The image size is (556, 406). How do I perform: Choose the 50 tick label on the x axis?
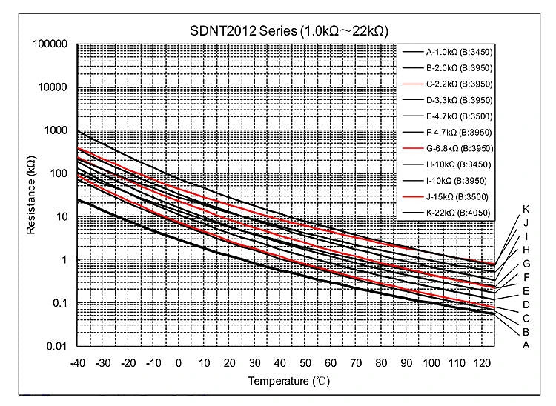pyautogui.click(x=305, y=362)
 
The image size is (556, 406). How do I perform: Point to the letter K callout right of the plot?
pyautogui.click(x=526, y=209)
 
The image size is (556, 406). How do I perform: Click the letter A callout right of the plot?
pyautogui.click(x=526, y=345)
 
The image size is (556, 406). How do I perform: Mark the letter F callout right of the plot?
pyautogui.click(x=526, y=277)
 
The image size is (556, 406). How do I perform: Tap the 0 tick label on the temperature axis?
pyautogui.click(x=178, y=362)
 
